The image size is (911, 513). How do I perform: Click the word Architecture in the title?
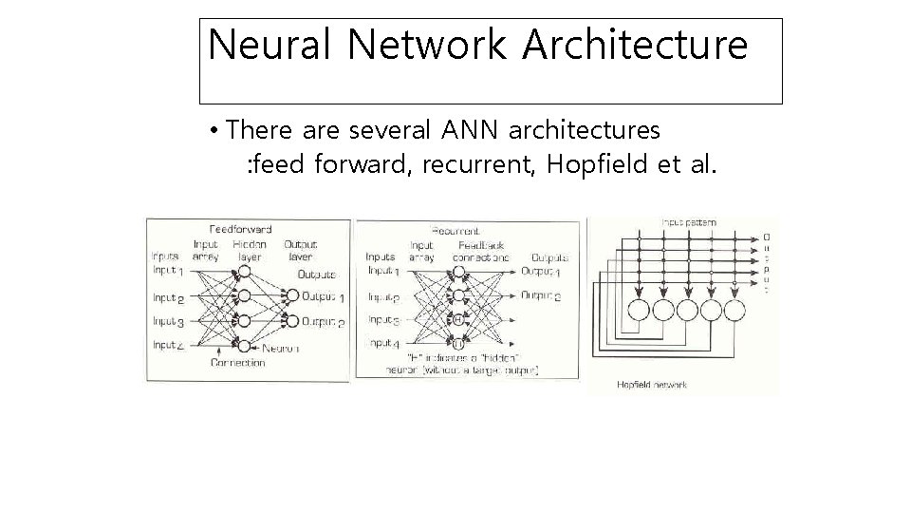tap(649, 45)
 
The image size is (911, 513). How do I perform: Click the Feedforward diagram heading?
tap(241, 229)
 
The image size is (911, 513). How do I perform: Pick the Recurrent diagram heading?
tap(455, 230)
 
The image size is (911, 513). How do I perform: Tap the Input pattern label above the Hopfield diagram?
tap(689, 222)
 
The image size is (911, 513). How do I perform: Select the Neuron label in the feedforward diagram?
tap(279, 348)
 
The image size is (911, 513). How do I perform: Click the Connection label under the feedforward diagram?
tap(237, 363)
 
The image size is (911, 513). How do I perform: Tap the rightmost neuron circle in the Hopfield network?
tap(736, 311)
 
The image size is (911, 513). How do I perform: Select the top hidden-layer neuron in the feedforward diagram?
tap(244, 272)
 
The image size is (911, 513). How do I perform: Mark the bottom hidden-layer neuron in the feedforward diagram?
tap(244, 345)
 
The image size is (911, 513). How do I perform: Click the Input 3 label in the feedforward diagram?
tap(167, 322)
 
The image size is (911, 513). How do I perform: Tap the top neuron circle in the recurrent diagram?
tap(458, 272)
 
